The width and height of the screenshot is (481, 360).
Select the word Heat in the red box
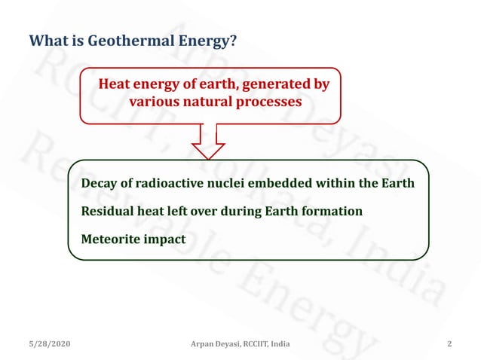115,84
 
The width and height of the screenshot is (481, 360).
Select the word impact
168,239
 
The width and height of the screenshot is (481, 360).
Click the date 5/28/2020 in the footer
50,344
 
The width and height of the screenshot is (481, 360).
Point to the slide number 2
449,344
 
